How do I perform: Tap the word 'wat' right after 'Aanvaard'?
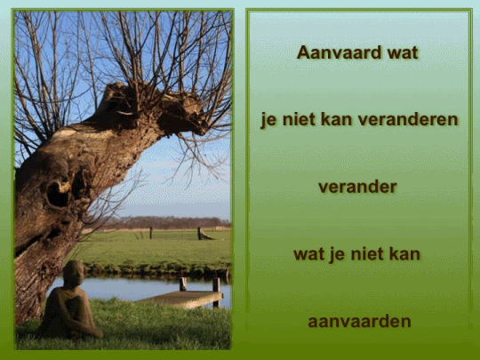[402, 52]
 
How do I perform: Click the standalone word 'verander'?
[357, 187]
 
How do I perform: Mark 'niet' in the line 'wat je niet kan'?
[367, 253]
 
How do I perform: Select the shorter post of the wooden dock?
[183, 284]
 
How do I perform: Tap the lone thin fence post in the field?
[150, 232]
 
